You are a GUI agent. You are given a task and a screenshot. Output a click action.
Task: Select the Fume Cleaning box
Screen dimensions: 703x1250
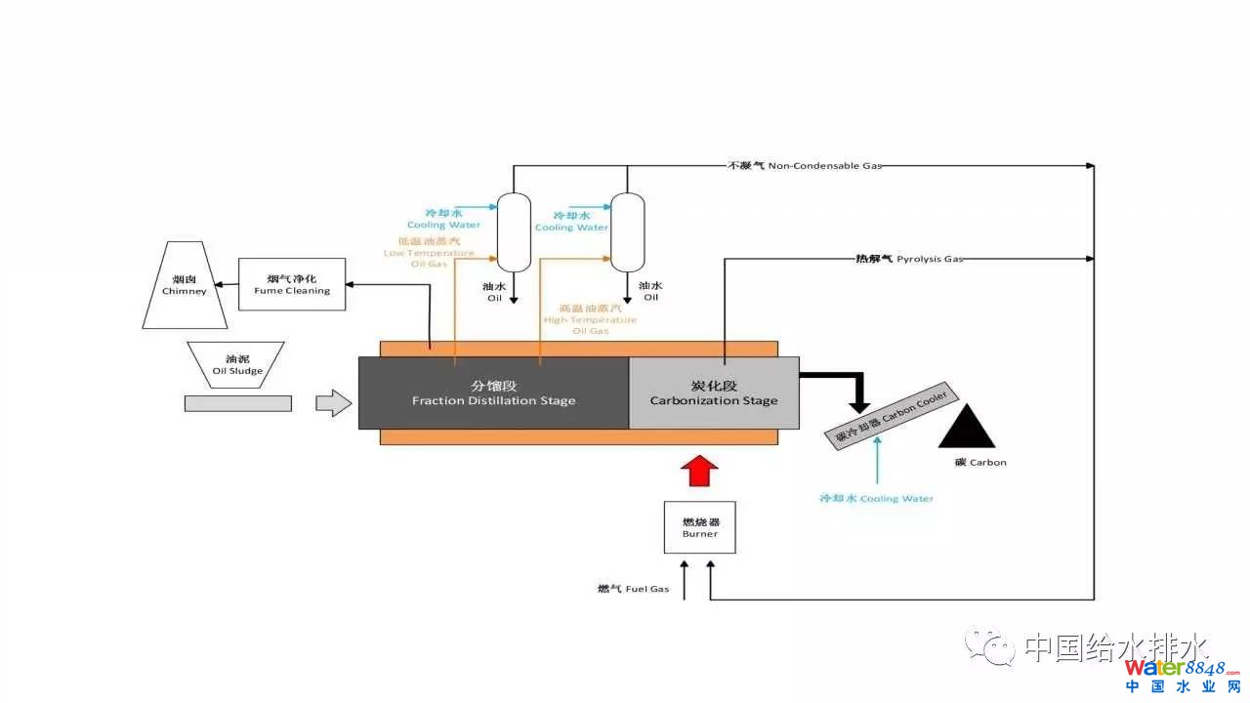(x=292, y=284)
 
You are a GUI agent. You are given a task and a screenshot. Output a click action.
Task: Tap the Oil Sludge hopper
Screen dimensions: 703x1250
(x=237, y=364)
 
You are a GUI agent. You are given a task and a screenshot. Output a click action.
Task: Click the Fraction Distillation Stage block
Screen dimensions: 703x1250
(x=493, y=393)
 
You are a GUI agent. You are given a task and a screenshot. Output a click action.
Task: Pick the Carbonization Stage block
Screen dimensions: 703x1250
(x=713, y=393)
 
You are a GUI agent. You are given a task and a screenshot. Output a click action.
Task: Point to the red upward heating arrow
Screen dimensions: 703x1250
(x=699, y=470)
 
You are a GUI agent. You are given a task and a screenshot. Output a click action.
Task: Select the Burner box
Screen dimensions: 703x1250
(x=699, y=527)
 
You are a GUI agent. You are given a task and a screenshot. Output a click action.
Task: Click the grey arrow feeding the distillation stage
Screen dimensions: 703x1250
(x=333, y=402)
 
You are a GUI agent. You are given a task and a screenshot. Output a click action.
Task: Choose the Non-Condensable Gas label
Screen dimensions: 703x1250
(x=805, y=166)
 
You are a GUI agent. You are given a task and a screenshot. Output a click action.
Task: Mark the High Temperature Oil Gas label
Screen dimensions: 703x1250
(x=589, y=319)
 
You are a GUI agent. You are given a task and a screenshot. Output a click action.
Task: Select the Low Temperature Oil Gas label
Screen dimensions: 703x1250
(x=429, y=253)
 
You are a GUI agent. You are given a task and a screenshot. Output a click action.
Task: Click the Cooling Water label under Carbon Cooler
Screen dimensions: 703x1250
(x=876, y=499)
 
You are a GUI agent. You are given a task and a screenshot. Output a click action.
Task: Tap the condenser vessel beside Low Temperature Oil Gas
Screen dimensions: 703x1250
(x=514, y=231)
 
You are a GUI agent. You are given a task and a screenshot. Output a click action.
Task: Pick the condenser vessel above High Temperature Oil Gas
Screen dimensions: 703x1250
(x=627, y=231)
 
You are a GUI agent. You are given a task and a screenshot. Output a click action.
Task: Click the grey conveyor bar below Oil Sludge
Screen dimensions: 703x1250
(x=237, y=402)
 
